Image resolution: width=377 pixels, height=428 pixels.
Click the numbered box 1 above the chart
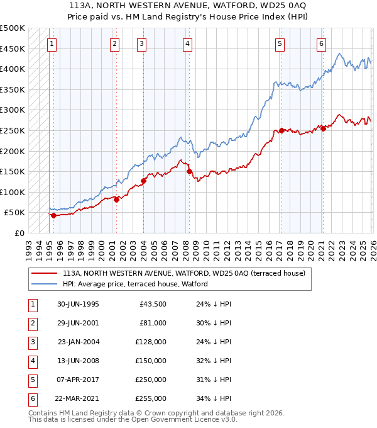pyautogui.click(x=51, y=44)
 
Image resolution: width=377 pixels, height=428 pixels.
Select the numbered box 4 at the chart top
pyautogui.click(x=188, y=44)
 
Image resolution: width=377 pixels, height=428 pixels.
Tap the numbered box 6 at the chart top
pyautogui.click(x=321, y=44)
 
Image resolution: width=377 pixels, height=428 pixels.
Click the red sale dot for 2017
pyautogui.click(x=281, y=130)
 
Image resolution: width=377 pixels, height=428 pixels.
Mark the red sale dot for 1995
pyautogui.click(x=53, y=215)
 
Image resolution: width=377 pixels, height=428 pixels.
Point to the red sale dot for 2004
pyautogui.click(x=143, y=181)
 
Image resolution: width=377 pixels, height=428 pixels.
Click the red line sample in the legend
pyautogui.click(x=44, y=273)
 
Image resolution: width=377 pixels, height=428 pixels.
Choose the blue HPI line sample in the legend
pyautogui.click(x=44, y=284)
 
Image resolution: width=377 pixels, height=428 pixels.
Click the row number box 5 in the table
pyautogui.click(x=31, y=380)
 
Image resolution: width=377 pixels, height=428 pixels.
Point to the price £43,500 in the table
pyautogui.click(x=152, y=304)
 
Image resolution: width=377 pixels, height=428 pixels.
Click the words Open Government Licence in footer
pyautogui.click(x=180, y=419)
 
